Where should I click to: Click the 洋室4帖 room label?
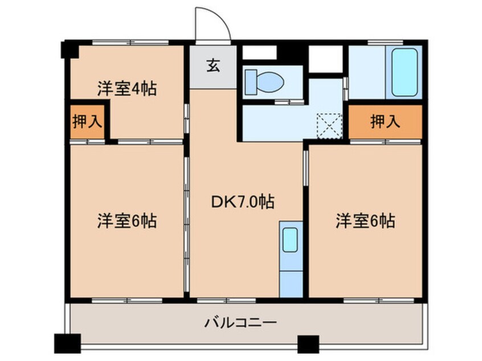tap(126, 89)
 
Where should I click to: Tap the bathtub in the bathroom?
tap(404, 72)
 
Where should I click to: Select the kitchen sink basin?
tap(291, 240)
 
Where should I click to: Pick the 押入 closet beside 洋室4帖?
tap(87, 121)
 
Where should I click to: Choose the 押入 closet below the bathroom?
tap(385, 121)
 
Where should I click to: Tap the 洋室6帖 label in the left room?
tap(126, 220)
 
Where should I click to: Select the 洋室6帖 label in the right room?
tap(365, 220)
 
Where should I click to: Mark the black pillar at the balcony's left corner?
tap(67, 343)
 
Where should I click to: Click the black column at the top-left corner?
tap(70, 49)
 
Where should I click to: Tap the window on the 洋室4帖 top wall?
tap(130, 43)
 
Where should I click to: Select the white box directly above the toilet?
tap(259, 53)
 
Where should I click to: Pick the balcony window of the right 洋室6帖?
tap(365, 300)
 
